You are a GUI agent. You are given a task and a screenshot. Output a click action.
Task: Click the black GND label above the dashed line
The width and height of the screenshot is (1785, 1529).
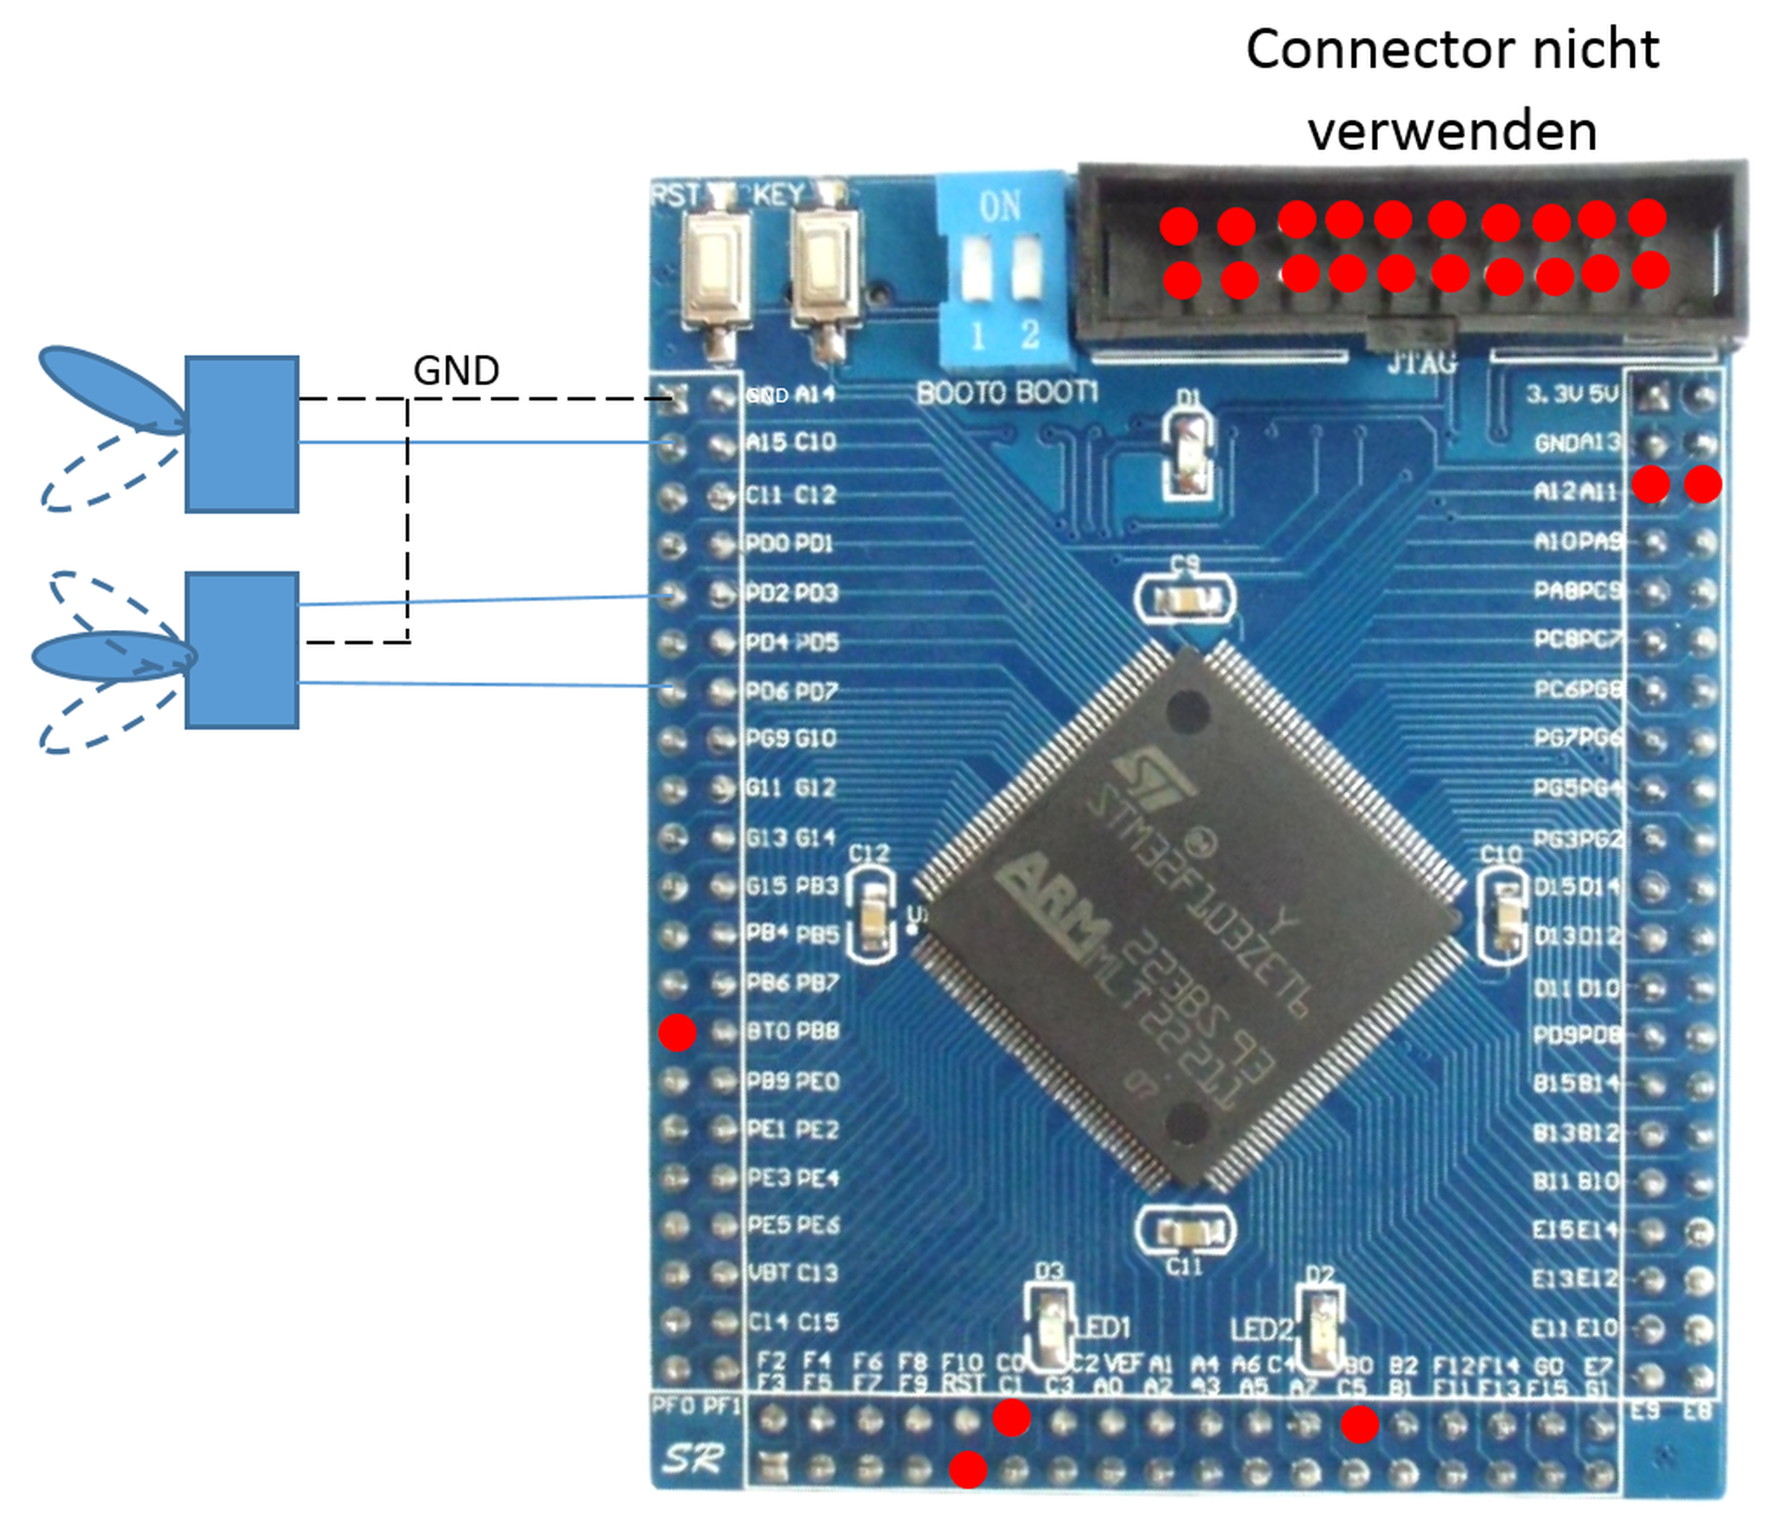[x=456, y=370]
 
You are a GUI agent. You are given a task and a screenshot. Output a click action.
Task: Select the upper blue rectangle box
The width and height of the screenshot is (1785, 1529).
[x=242, y=434]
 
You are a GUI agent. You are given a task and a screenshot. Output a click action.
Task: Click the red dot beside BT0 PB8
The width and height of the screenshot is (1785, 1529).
[x=677, y=1032]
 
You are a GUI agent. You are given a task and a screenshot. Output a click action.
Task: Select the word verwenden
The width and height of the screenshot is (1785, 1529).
[x=1453, y=131]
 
